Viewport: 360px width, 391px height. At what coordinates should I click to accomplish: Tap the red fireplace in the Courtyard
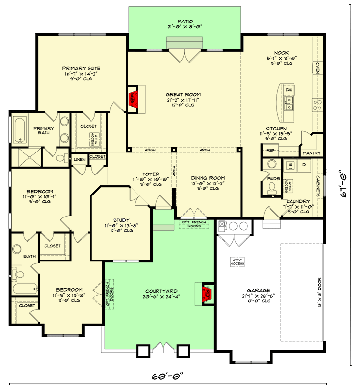pyautogui.click(x=207, y=293)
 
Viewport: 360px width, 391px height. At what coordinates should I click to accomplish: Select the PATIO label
pyautogui.click(x=184, y=21)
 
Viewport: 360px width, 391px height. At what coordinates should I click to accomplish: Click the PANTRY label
pyautogui.click(x=312, y=153)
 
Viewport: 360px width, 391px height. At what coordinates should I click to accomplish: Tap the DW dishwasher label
pyautogui.click(x=289, y=90)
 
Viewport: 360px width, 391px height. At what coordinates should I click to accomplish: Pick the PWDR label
pyautogui.click(x=272, y=179)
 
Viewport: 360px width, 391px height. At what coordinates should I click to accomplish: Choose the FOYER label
pyautogui.click(x=151, y=174)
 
